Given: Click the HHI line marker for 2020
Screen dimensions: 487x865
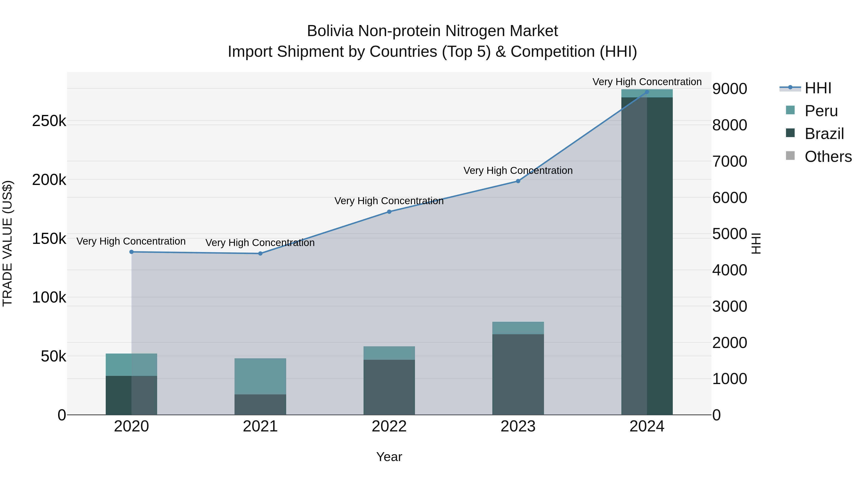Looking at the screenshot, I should [131, 252].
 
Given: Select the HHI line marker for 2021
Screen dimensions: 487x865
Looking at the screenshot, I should [260, 253].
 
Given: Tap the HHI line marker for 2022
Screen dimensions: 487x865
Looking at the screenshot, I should [389, 212].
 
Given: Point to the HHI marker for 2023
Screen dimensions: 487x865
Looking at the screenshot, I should [518, 181].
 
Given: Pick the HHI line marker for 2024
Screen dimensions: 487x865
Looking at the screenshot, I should [647, 92].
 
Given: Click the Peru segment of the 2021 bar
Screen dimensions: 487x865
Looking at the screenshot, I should [260, 376].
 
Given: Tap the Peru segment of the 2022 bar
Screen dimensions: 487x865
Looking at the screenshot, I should [389, 353].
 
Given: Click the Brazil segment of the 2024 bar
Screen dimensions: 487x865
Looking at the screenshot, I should [647, 255].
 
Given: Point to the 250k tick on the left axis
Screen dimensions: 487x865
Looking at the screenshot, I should [49, 121].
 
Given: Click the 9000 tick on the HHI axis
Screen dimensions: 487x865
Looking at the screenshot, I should [729, 89].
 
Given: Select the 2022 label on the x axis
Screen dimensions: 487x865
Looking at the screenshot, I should [389, 426].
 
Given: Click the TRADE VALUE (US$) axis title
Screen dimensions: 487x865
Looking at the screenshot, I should [8, 243].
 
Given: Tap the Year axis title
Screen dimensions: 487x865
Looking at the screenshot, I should [389, 457].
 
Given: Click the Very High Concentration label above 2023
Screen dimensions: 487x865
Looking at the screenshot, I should [518, 171].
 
